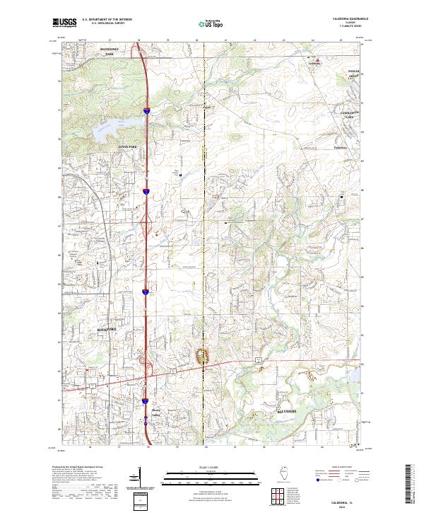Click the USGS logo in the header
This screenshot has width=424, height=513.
(x=64, y=23)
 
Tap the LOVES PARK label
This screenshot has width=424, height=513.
(x=126, y=146)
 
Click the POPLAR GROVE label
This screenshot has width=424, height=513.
(x=353, y=74)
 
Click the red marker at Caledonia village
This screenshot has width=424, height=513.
(x=317, y=59)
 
